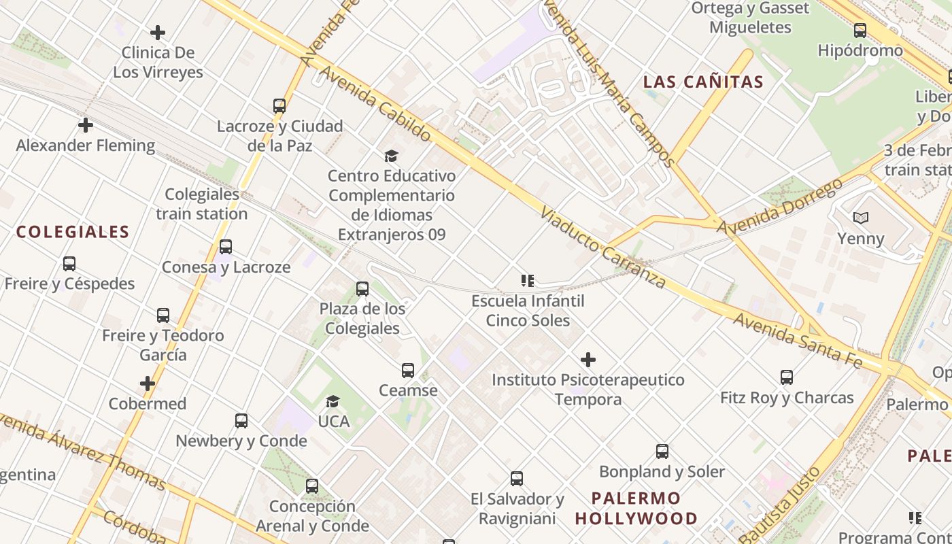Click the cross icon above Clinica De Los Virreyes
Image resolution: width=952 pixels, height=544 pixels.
(x=158, y=32)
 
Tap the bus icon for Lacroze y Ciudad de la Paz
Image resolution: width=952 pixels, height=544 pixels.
(x=279, y=106)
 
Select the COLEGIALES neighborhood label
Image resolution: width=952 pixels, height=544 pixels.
(x=73, y=232)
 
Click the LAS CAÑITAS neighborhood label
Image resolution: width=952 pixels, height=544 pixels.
(x=703, y=82)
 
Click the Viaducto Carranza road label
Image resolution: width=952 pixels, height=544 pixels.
(x=602, y=248)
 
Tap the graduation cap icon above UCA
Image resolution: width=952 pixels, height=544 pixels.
(x=333, y=402)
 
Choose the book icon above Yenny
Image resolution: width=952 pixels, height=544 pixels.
(x=861, y=218)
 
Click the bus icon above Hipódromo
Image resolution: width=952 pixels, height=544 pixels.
(x=860, y=31)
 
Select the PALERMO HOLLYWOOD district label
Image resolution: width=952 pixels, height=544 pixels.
(x=636, y=508)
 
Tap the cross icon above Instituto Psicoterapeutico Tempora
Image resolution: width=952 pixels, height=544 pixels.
(x=588, y=360)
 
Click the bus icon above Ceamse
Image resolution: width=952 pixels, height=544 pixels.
(x=408, y=371)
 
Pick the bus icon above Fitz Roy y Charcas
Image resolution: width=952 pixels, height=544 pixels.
(x=787, y=377)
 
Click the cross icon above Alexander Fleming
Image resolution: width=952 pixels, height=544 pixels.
(x=86, y=125)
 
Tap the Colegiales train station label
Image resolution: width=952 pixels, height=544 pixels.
(x=202, y=204)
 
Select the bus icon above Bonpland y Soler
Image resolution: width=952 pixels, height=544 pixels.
(x=662, y=452)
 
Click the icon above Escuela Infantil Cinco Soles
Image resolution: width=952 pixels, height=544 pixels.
(x=528, y=280)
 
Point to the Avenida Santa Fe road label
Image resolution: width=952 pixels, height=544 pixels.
(x=797, y=340)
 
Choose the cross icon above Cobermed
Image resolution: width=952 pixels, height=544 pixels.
(x=148, y=384)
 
